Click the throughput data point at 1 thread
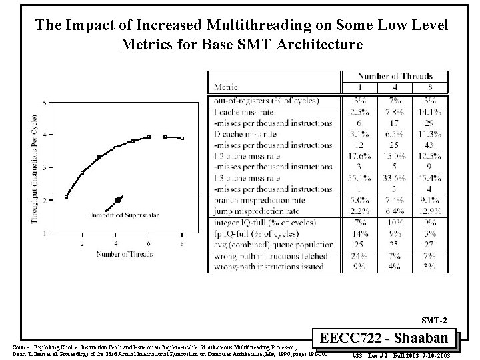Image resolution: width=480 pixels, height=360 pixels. (x=66, y=197)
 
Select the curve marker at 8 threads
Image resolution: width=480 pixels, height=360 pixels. (x=182, y=138)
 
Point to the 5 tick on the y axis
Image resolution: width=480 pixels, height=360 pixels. (x=44, y=103)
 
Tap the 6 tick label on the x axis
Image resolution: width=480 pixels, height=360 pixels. (x=149, y=244)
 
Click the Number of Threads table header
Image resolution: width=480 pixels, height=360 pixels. (x=395, y=76)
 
